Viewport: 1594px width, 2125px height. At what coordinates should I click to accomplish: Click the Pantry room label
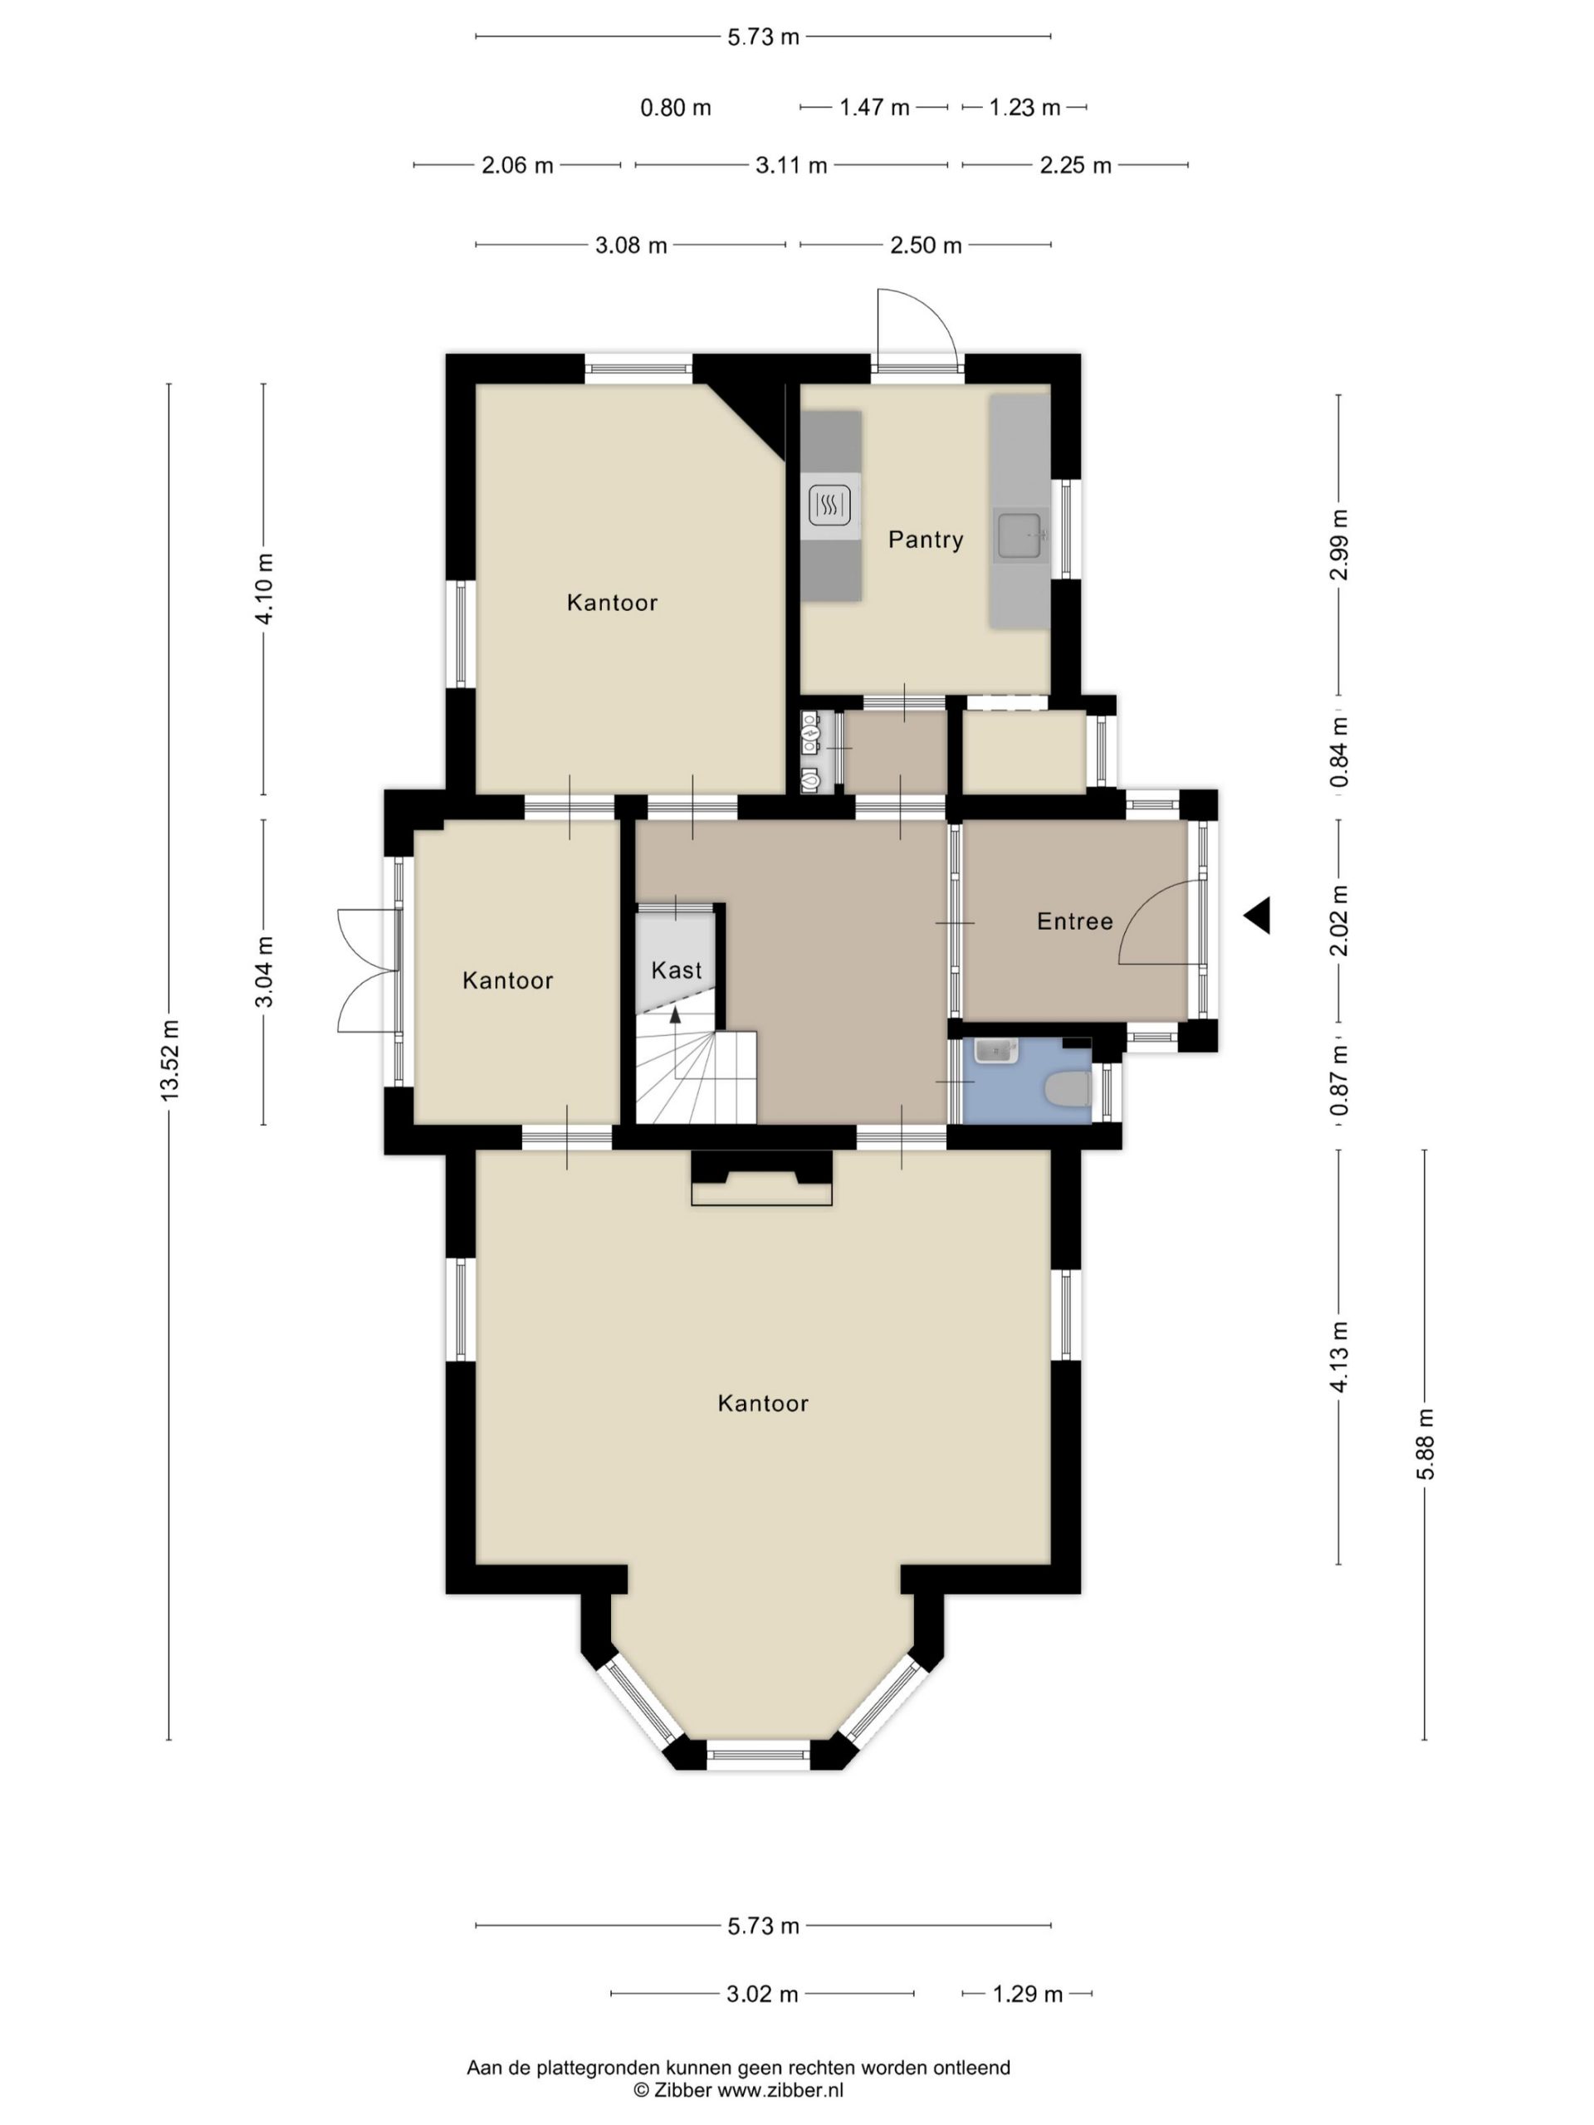tap(926, 540)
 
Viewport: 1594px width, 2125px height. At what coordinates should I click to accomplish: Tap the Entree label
tap(1074, 921)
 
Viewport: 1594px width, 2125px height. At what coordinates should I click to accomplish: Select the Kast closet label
tap(677, 970)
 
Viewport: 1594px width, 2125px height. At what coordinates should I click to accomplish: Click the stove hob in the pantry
tap(830, 503)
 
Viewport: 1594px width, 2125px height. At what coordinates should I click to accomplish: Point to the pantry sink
tap(1019, 535)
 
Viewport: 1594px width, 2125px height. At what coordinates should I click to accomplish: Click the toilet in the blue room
tap(1068, 1089)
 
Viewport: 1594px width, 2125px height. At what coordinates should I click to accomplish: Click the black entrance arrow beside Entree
tap(1257, 916)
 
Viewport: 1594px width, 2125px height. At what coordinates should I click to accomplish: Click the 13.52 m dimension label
tap(170, 1061)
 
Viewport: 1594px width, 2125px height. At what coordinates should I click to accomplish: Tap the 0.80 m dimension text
tap(676, 108)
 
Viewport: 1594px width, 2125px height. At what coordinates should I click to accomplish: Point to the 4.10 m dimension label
tap(264, 589)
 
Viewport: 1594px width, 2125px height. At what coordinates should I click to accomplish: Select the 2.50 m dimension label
tap(926, 245)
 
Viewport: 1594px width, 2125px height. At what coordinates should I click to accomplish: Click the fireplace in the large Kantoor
tap(761, 1178)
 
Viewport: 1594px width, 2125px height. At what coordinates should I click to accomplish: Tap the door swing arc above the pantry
tap(927, 312)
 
